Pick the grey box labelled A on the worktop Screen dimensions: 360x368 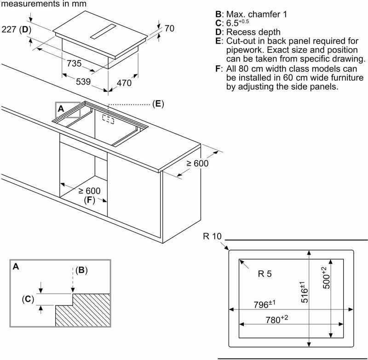point(68,110)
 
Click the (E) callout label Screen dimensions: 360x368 point(158,104)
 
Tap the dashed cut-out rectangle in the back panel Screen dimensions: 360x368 point(109,119)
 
